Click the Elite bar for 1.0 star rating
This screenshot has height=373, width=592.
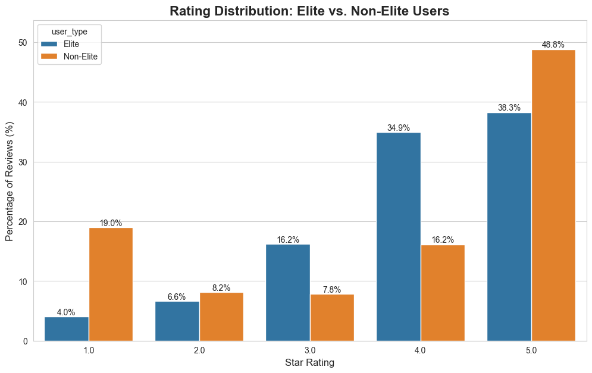tap(67, 329)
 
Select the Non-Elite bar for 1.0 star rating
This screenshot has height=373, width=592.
tap(111, 284)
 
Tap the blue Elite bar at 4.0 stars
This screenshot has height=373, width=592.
tap(399, 237)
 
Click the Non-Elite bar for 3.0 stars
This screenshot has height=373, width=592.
tap(332, 318)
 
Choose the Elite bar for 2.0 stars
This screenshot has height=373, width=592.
tap(177, 321)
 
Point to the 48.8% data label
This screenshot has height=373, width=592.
tap(553, 45)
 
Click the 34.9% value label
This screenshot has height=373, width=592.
tap(398, 128)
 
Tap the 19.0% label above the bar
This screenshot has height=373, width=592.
tap(111, 223)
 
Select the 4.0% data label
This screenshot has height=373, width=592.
tap(66, 312)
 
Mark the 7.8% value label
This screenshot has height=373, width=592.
tap(332, 290)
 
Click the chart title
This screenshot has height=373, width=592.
tap(309, 11)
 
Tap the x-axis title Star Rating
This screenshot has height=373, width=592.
tap(309, 362)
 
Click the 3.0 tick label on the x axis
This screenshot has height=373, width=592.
tap(310, 350)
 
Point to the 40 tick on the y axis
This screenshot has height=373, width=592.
tap(23, 102)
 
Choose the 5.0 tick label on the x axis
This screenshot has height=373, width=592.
tap(531, 350)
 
